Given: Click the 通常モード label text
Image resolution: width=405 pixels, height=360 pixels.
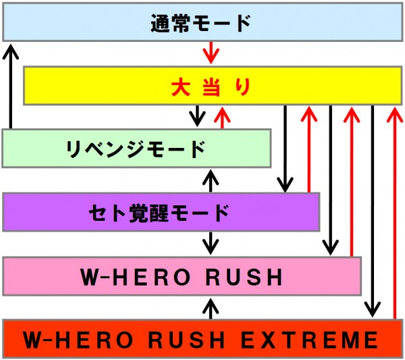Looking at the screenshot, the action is tap(200, 23).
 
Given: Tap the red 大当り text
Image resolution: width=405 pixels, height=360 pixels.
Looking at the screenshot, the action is tap(211, 87).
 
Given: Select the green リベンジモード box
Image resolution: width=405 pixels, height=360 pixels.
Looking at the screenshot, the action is tap(136, 149).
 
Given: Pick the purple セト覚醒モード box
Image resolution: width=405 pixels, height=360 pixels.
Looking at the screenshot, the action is tap(161, 212).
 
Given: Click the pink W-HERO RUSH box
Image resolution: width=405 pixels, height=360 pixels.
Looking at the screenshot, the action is tap(182, 276).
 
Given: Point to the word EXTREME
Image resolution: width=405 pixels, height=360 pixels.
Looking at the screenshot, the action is tap(309, 340).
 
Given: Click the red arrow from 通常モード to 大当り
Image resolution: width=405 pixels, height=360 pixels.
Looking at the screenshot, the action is tap(211, 53).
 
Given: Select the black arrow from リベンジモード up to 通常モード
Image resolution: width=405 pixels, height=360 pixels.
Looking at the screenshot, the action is tap(11, 86).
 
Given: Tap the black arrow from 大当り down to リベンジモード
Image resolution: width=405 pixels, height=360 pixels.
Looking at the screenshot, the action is tap(197, 115).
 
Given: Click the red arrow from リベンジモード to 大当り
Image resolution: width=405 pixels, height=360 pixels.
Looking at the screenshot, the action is tap(222, 118).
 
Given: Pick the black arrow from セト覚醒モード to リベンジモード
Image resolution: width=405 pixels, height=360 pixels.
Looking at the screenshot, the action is tap(211, 181).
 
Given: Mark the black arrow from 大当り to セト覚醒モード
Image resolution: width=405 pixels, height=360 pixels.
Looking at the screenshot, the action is tap(285, 149).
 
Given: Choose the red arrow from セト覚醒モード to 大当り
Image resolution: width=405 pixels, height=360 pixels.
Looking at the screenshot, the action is tap(309, 149).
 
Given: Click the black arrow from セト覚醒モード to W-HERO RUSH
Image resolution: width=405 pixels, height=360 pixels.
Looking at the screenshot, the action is tap(211, 243).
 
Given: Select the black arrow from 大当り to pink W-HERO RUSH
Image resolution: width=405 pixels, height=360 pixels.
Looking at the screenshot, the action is tap(330, 180).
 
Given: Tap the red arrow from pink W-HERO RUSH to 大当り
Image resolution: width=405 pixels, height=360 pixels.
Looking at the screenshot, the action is tap(352, 182).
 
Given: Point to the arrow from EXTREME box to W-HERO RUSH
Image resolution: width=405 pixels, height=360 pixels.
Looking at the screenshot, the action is tap(211, 309).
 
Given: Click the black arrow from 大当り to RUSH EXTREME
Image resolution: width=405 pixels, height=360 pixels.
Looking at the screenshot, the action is tap(372, 211).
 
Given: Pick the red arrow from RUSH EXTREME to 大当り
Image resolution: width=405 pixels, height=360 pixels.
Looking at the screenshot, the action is tap(394, 213).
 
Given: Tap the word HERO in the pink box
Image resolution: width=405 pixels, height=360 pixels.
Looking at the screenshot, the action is tap(151, 277).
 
